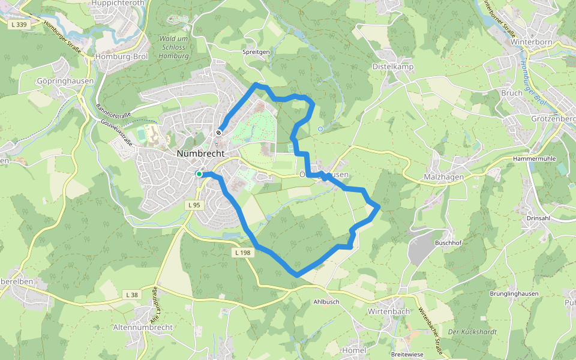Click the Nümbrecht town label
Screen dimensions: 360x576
click(x=200, y=154)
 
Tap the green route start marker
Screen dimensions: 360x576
click(x=199, y=174)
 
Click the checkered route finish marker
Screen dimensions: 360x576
click(x=220, y=133)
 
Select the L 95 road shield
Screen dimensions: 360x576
click(x=194, y=205)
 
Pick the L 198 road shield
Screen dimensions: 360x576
click(x=242, y=253)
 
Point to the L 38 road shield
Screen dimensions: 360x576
click(x=132, y=295)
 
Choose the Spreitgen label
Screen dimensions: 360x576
click(x=256, y=52)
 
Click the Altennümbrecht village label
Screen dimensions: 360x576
click(x=143, y=328)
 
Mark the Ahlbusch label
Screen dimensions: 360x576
click(x=326, y=302)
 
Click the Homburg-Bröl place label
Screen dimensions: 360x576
click(x=121, y=58)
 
